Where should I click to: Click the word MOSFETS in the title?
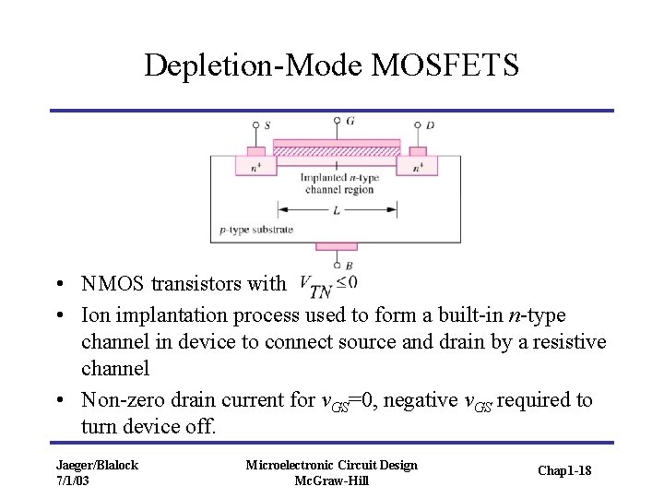click(445, 65)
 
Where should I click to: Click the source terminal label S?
click(267, 125)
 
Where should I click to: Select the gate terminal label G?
click(350, 121)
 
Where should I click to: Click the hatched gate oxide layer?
click(337, 150)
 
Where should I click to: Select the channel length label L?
click(337, 210)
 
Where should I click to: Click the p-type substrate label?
click(256, 229)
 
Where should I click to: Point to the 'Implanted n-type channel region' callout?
click(337, 183)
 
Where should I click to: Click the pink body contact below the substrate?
click(336, 246)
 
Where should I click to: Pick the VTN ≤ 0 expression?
click(328, 287)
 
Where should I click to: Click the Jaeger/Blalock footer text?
click(97, 465)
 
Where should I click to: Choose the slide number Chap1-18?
click(563, 471)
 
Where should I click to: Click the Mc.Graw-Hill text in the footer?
click(331, 480)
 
